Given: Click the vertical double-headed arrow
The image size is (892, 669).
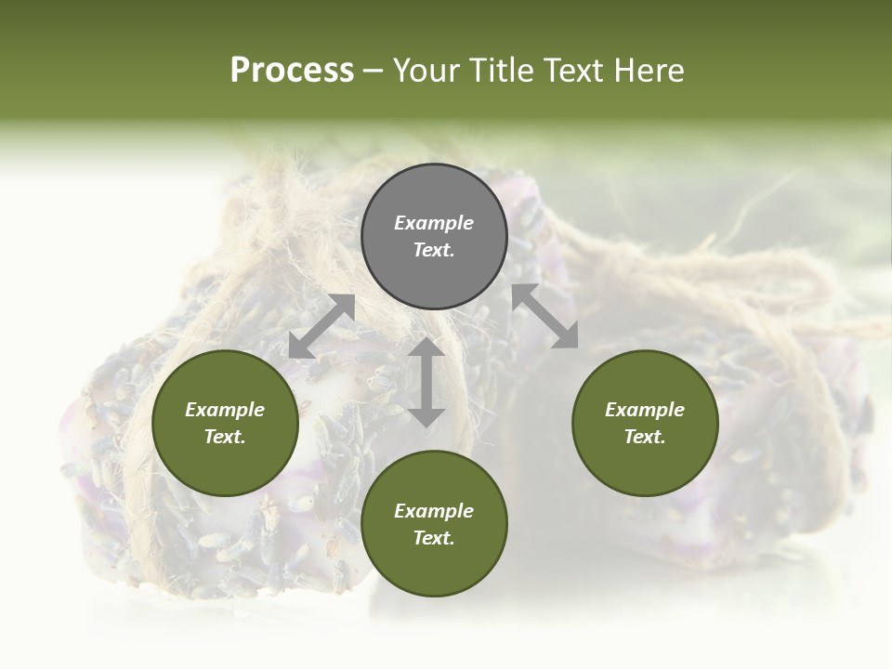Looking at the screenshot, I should pos(426,382).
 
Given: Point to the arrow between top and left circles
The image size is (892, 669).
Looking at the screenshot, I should pos(321,326).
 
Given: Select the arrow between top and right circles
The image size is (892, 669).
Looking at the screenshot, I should pos(544,316).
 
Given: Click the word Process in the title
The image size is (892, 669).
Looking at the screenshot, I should pos(292,71).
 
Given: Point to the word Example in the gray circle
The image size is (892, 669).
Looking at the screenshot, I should pos(434,223).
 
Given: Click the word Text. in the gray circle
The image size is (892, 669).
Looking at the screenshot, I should pos(434,250).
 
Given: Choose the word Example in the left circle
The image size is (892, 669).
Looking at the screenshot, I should pos(225,410).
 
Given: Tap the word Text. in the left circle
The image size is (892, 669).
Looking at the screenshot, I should pos(225,437).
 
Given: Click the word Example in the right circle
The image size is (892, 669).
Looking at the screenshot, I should pos(645,410).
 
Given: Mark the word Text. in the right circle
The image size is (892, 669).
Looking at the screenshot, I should pos(645,437).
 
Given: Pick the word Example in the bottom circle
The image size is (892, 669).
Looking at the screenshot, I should pos(434,511).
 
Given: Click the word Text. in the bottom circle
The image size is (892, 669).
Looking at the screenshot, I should pos(434,538).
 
